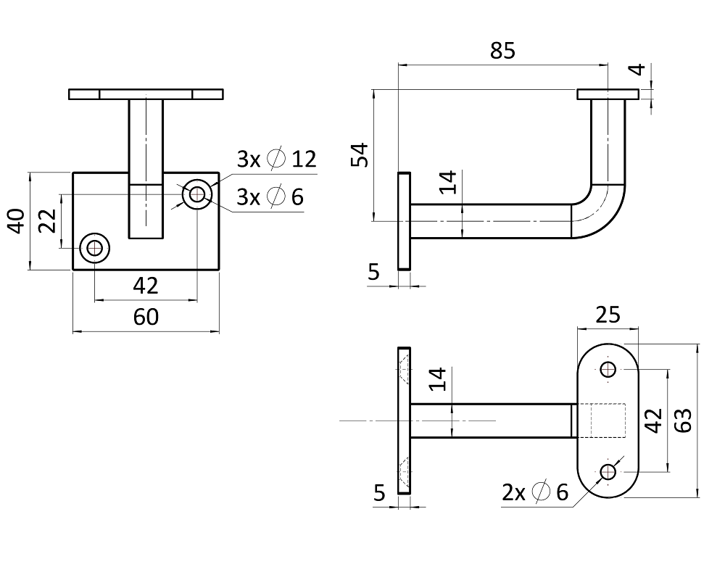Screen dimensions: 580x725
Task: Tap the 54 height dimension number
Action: point(360,155)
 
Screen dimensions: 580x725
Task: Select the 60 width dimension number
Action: point(146,317)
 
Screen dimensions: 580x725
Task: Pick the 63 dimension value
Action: point(682,420)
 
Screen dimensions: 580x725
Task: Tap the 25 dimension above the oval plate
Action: point(607,315)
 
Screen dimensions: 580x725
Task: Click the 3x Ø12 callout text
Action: point(276,159)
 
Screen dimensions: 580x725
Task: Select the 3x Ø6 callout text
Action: point(270,196)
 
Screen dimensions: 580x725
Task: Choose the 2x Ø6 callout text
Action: point(535,492)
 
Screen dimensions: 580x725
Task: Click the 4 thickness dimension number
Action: point(637,70)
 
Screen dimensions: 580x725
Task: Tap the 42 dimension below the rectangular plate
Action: point(146,286)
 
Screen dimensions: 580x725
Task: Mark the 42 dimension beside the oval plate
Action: point(654,420)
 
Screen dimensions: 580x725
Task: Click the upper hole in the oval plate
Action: point(608,368)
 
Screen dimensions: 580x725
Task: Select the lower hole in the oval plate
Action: point(608,472)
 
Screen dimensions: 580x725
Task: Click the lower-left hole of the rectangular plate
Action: point(94,249)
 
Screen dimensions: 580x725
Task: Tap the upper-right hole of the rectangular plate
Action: point(197,194)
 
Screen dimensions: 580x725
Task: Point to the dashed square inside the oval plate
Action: point(608,420)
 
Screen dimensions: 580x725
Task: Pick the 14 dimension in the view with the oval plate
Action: point(437,379)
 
